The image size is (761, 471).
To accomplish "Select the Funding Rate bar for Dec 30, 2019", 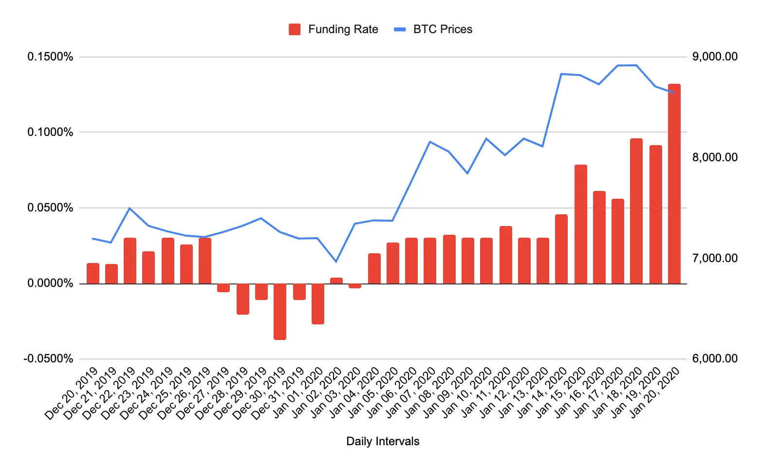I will tap(280, 311).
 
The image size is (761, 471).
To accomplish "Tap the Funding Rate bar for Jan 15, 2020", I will tap(580, 224).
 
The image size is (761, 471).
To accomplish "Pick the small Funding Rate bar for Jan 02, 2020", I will tap(336, 281).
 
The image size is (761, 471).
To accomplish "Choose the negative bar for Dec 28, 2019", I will tap(243, 299).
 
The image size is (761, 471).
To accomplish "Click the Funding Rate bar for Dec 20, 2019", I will tap(93, 273).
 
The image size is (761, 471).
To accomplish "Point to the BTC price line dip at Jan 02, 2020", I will tap(336, 262).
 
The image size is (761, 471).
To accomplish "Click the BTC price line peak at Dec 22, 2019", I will tap(130, 208).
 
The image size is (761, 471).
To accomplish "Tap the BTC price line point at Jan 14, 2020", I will tap(561, 74).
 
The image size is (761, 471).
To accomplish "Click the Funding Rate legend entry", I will tap(334, 29).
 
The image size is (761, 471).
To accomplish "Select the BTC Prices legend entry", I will tap(433, 29).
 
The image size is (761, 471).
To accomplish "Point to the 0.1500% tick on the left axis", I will tap(50, 57).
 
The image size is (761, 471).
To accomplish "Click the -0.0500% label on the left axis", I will tap(48, 359).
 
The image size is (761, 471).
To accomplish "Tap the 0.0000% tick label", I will tap(50, 283).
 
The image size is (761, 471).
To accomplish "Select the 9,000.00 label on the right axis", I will tap(715, 57).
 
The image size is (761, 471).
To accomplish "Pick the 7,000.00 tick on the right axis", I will tap(715, 258).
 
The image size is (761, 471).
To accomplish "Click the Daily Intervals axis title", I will tap(383, 441).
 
